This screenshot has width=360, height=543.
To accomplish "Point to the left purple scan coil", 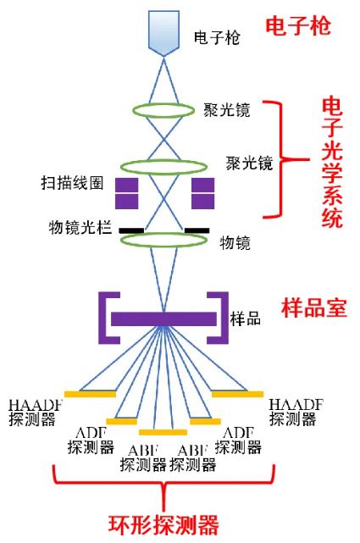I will pyautogui.click(x=125, y=194).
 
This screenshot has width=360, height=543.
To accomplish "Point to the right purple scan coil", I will pyautogui.click(x=203, y=194).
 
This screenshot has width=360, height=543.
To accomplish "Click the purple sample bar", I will pyautogui.click(x=163, y=319).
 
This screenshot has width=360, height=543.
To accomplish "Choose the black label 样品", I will pyautogui.click(x=245, y=319).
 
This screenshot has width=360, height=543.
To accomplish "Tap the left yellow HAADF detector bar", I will pyautogui.click(x=90, y=394).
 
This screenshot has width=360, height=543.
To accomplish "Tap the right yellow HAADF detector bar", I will pyautogui.click(x=237, y=394).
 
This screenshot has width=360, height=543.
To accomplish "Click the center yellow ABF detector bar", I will pyautogui.click(x=163, y=431).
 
